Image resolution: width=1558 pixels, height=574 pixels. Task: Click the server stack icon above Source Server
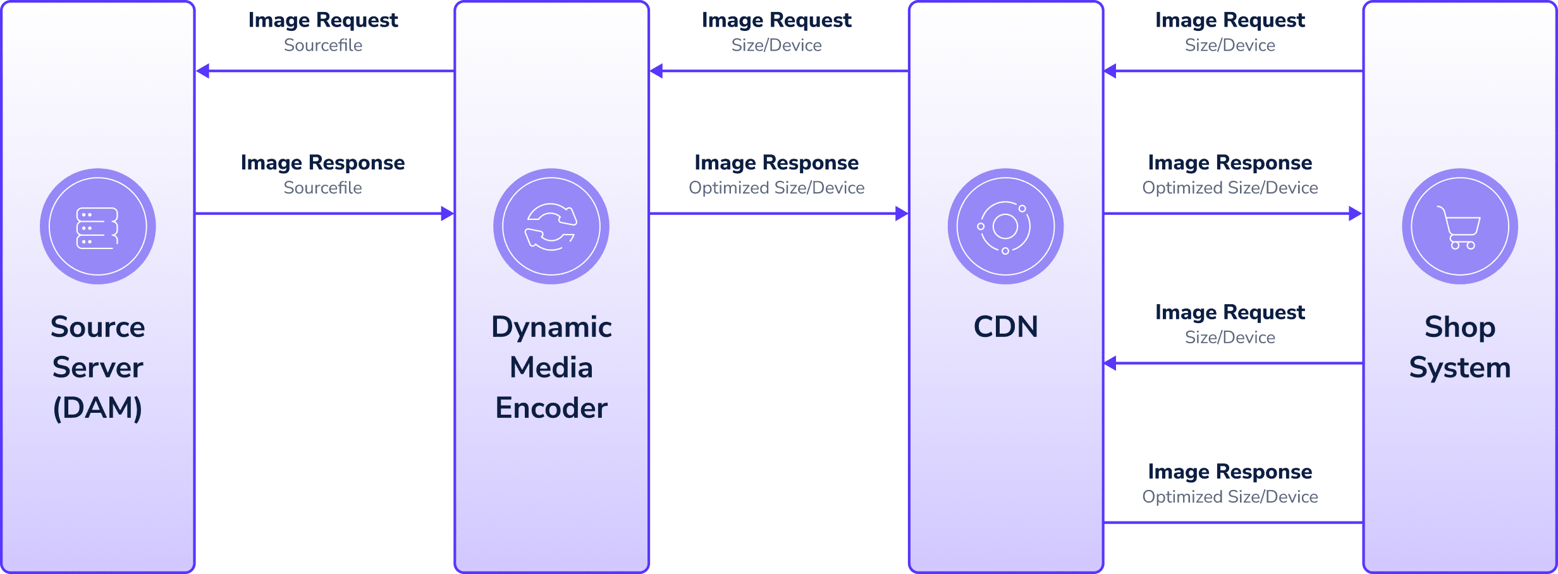coord(97,228)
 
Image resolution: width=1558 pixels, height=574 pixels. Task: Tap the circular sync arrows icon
coord(551,227)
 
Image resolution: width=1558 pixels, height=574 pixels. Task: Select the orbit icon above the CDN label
coord(1005,227)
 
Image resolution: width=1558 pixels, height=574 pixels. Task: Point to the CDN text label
coord(1005,327)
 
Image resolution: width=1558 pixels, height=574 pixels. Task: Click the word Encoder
coord(551,408)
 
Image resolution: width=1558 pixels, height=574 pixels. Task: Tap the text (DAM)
coord(97,408)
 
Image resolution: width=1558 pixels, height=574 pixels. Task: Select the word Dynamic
coord(551,327)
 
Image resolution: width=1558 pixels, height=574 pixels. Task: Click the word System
coord(1459,367)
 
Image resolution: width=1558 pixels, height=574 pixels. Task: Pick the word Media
coord(551,367)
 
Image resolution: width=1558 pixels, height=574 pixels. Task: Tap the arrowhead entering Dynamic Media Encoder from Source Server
coord(447,214)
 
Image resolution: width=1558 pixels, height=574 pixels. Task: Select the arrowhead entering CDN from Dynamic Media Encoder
coord(901,214)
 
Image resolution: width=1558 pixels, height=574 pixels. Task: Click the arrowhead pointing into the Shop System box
coord(1354,214)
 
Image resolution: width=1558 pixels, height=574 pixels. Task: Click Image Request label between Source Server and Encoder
coord(323,20)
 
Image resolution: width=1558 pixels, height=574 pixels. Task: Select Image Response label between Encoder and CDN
coord(776,162)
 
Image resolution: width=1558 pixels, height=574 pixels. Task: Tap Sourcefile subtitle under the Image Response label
coord(322,188)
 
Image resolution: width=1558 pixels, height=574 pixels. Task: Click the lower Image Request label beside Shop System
coord(1230,312)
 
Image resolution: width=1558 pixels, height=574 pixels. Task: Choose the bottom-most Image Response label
coord(1230,472)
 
